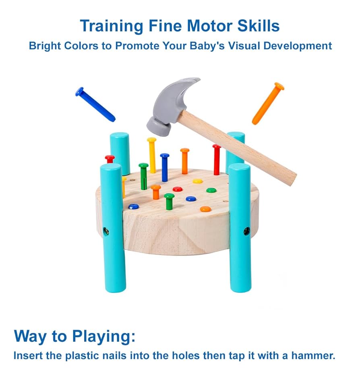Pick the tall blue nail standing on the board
[x=164, y=167]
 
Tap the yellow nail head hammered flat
[x=197, y=181]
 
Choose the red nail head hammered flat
[x=178, y=189]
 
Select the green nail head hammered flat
[x=211, y=190]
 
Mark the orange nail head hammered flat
[x=205, y=209]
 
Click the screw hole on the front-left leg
[x=106, y=231]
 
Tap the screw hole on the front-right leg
[x=246, y=231]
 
